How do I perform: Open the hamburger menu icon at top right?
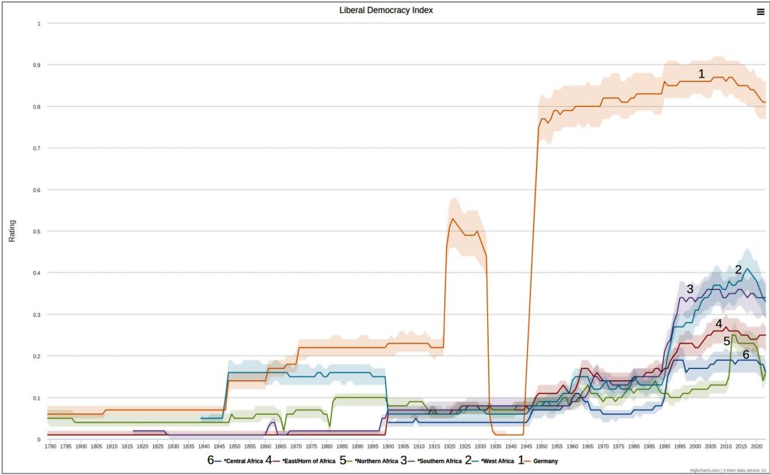coord(760,11)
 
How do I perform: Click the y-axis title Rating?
coord(11,231)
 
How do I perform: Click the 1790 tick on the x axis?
coord(50,446)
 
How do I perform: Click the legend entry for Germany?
coord(544,460)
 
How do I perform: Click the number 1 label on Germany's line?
coord(702,74)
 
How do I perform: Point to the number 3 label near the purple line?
coord(690,289)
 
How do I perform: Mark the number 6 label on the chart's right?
coord(746,354)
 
